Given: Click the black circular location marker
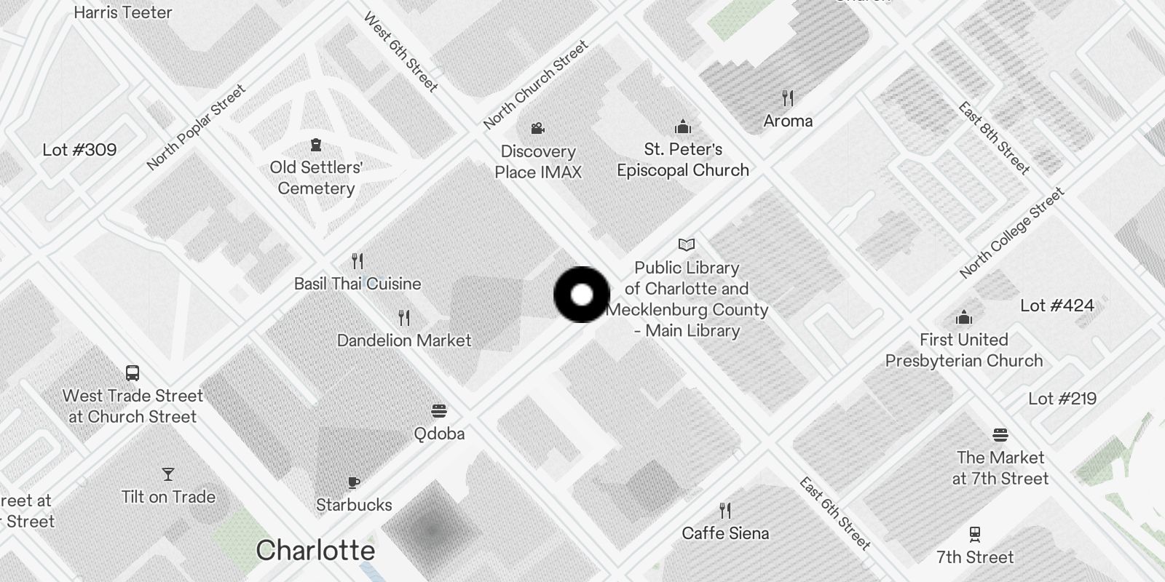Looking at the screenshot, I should tap(582, 295).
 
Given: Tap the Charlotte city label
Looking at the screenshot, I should tap(315, 551).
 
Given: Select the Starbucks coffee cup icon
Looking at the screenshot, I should tap(354, 482).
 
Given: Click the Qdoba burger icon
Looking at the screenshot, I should tap(438, 411).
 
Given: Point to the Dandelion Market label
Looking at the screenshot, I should tap(404, 340).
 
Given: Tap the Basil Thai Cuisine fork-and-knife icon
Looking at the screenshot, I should tap(358, 260).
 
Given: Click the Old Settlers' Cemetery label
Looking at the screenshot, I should tap(316, 178).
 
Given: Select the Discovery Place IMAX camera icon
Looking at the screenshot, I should tap(537, 129).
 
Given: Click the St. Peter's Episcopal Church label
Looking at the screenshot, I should tap(683, 159).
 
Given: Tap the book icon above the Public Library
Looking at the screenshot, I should tap(686, 244).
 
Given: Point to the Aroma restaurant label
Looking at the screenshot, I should tap(788, 121).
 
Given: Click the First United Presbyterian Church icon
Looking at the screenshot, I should tap(964, 318).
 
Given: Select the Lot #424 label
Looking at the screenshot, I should tap(1057, 306).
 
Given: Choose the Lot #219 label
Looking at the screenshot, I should tap(1062, 399).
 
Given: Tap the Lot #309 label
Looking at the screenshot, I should tap(79, 150).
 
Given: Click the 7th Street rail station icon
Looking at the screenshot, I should tap(975, 535).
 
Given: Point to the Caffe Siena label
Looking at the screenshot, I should tap(725, 533).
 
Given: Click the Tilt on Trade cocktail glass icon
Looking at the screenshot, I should tap(168, 474).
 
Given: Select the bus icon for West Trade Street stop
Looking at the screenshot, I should tap(133, 373).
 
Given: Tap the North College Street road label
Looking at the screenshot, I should tap(1012, 233).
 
